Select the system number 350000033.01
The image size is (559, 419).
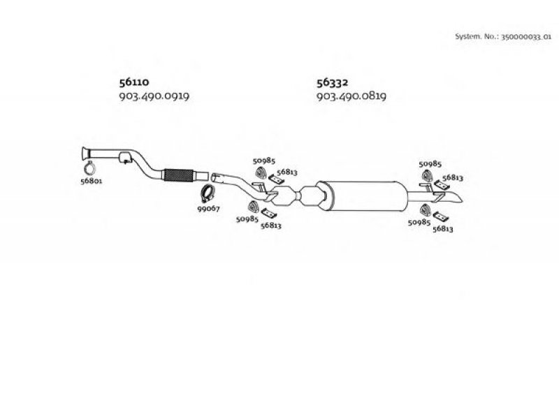point(526,37)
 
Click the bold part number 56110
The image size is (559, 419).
point(134,82)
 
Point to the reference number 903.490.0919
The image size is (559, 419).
point(154,96)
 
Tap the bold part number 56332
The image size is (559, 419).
point(333,82)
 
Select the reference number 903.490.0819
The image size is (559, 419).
point(351,96)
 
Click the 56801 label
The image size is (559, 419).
point(92,181)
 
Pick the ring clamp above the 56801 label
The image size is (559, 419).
point(90,167)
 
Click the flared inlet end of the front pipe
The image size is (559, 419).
point(85,154)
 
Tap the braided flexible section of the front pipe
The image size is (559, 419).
point(178,175)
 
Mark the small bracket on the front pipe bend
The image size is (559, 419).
point(125,158)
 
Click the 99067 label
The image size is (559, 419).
point(208,208)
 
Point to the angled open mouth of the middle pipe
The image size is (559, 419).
point(216,178)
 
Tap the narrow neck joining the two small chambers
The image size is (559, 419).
point(298,196)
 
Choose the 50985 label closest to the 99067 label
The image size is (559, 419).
point(247,219)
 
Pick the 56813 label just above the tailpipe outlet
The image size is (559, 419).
point(453,177)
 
